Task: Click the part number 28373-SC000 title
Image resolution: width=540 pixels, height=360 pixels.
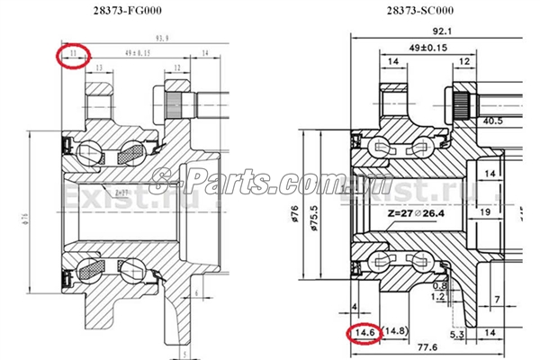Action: tap(419, 12)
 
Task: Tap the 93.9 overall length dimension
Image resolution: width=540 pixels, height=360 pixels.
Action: tap(163, 39)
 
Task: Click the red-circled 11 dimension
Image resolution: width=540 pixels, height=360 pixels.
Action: tap(73, 56)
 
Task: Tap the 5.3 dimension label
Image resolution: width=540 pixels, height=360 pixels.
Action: tap(456, 335)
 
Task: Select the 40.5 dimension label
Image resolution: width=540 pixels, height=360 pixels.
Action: tap(492, 119)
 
